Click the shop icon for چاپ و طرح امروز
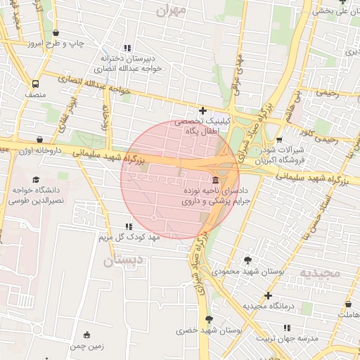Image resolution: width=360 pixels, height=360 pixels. [x=56, y=33]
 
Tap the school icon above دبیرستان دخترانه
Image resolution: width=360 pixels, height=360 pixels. [x=129, y=47]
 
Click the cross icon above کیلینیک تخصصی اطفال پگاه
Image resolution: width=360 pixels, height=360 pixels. [x=203, y=110]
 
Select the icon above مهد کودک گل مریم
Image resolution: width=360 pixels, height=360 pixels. [x=128, y=226]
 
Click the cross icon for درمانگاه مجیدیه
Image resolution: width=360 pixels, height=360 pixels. [x=268, y=296]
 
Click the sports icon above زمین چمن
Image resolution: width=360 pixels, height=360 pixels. [x=86, y=335]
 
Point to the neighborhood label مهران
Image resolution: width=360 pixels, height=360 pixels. [x=171, y=11]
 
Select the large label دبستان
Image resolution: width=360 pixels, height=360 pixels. [x=123, y=260]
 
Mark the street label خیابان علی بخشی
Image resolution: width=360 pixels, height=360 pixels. [x=331, y=11]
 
